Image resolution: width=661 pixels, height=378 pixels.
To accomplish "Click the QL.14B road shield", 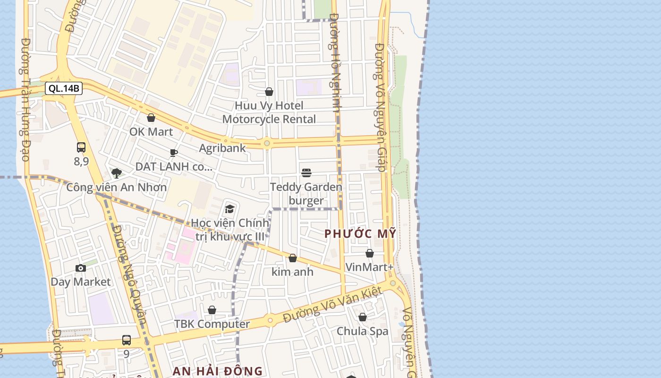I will [x=64, y=88].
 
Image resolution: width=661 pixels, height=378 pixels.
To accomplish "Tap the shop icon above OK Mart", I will [x=151, y=118].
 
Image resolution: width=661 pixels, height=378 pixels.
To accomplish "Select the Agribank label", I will [x=222, y=148].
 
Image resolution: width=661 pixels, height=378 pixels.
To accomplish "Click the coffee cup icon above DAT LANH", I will [x=173, y=153].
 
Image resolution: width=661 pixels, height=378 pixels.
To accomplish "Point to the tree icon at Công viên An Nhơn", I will [x=116, y=173].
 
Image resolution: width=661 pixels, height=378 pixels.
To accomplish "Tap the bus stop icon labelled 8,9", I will [x=81, y=147].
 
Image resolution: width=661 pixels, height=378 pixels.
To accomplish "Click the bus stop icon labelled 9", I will [x=127, y=340].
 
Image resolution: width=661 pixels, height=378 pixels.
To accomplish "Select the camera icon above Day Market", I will [x=81, y=268].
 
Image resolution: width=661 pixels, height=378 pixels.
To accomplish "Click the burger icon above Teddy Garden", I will [x=306, y=173].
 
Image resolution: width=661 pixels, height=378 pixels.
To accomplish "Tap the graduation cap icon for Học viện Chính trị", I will [x=230, y=209].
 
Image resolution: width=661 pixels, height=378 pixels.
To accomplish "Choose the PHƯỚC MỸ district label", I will [x=360, y=234].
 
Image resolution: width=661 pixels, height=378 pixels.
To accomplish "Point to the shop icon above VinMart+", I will [x=370, y=254].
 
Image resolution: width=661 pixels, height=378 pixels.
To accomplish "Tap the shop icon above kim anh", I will [x=293, y=258].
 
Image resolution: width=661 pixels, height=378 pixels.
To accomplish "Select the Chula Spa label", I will [x=362, y=331].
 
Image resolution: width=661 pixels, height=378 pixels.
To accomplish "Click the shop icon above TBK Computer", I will [x=212, y=310].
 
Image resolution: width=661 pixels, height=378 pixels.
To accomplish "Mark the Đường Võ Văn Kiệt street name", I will [x=332, y=305].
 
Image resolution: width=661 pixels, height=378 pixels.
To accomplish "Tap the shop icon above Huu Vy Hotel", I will [x=269, y=92].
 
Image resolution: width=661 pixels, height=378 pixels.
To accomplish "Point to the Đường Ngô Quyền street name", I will [x=129, y=274].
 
